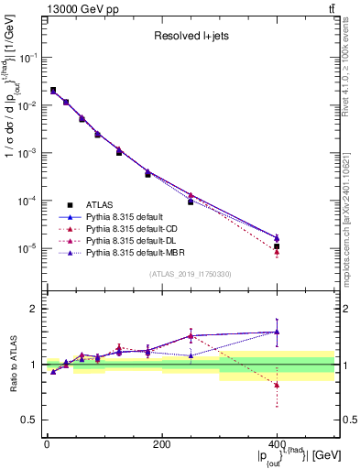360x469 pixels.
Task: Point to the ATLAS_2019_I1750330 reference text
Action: [x=190, y=274]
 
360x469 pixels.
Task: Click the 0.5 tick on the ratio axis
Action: [x=30, y=420]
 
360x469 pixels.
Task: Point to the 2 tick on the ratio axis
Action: [x=33, y=309]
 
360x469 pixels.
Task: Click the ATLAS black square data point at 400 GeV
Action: [x=277, y=246]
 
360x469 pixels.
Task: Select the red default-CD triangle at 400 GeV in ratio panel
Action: [x=277, y=385]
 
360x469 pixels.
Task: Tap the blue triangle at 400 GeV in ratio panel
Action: [x=277, y=333]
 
